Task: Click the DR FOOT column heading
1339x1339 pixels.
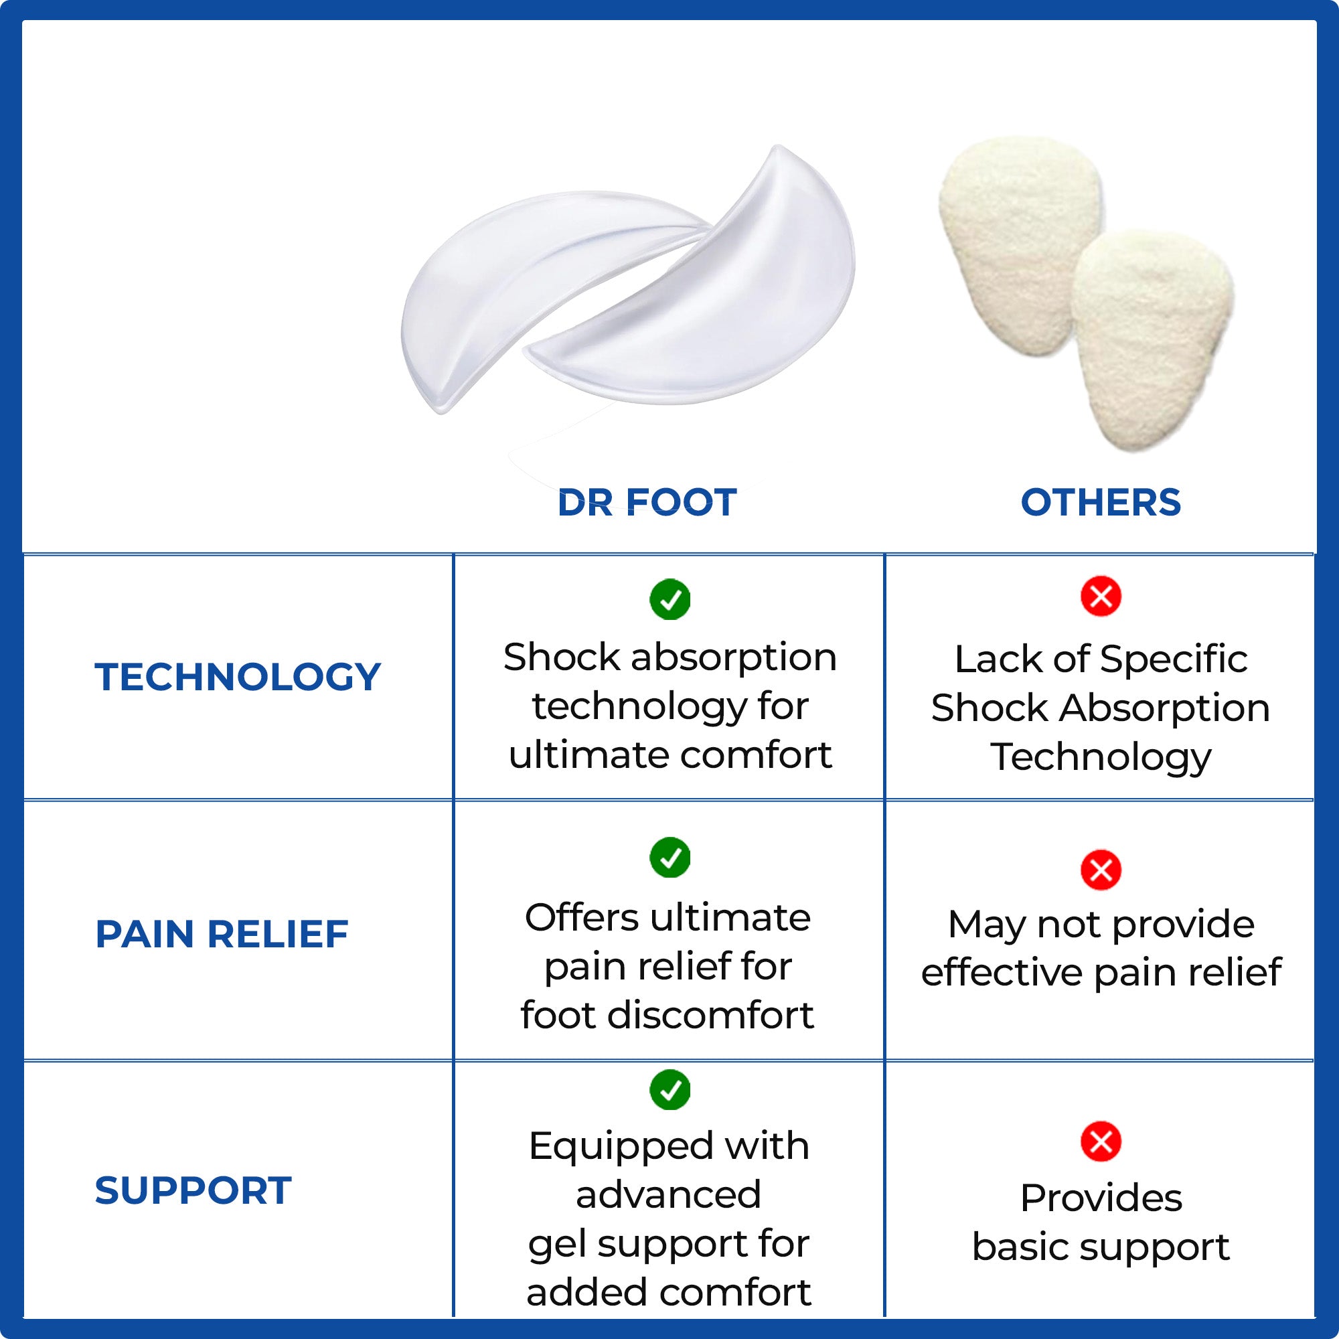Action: [x=647, y=503]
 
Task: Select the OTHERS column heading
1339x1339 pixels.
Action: [x=1101, y=503]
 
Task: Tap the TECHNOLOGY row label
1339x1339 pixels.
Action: [x=238, y=676]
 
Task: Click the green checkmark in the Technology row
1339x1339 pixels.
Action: [x=669, y=599]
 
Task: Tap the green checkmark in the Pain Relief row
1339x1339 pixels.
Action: [x=669, y=858]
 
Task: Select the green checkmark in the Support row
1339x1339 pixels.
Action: [x=669, y=1089]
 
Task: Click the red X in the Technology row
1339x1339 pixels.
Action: [x=1101, y=596]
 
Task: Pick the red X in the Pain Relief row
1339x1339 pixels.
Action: [x=1101, y=870]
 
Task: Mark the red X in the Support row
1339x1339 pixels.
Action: [x=1101, y=1142]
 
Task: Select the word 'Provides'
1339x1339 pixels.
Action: [x=1101, y=1198]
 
